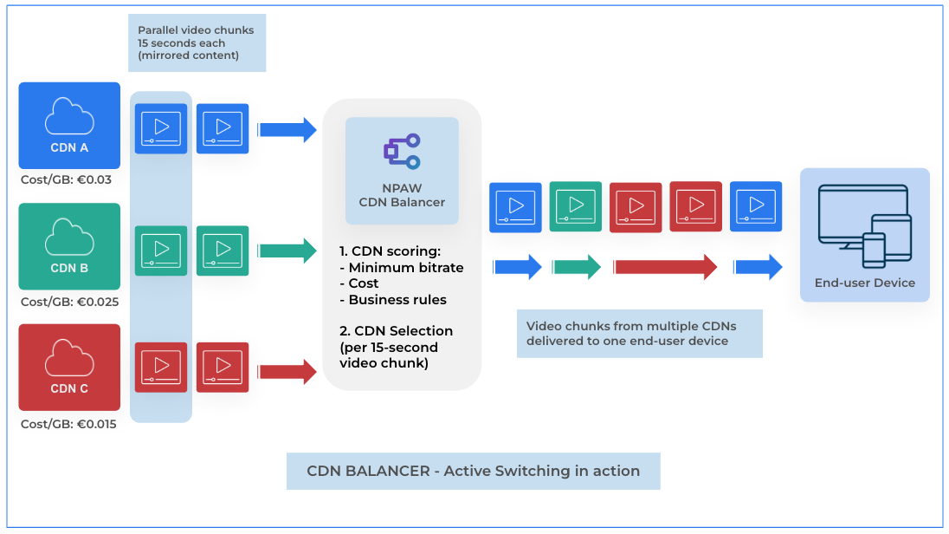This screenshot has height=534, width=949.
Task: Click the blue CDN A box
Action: point(69,125)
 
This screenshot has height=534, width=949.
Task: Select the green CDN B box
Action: point(69,245)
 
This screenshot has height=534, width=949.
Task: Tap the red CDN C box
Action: point(69,367)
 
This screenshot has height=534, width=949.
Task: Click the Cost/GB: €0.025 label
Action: point(69,302)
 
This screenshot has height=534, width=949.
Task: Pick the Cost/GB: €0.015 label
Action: point(69,424)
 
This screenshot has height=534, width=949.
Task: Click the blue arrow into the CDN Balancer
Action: point(287,130)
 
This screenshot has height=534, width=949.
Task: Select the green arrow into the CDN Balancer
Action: point(287,251)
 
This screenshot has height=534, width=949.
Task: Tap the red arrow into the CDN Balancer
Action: point(287,372)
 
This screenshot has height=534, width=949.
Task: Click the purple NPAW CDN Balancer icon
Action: point(402,152)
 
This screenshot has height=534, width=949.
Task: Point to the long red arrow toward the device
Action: point(665,267)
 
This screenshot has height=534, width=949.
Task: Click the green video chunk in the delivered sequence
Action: point(576,206)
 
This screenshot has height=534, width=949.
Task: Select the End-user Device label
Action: point(864,283)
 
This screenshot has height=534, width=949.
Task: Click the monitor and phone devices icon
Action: point(864,225)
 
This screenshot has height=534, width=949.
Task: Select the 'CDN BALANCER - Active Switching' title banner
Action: point(473,472)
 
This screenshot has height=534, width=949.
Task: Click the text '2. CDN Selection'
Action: point(396,330)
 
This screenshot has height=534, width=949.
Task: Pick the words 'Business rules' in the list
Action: point(397,299)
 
